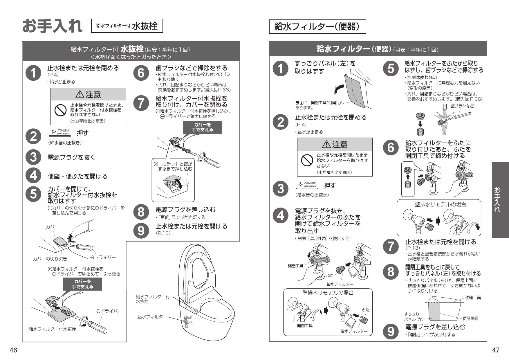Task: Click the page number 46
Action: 13,350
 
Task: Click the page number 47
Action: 496,350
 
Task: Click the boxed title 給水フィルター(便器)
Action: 317,27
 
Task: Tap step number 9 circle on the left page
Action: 141,231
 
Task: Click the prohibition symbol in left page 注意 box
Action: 60,110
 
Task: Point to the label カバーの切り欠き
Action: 50,259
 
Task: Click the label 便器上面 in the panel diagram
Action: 473,298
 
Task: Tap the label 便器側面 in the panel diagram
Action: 470,318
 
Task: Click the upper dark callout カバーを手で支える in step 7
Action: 202,127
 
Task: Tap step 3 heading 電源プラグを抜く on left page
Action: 71,157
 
